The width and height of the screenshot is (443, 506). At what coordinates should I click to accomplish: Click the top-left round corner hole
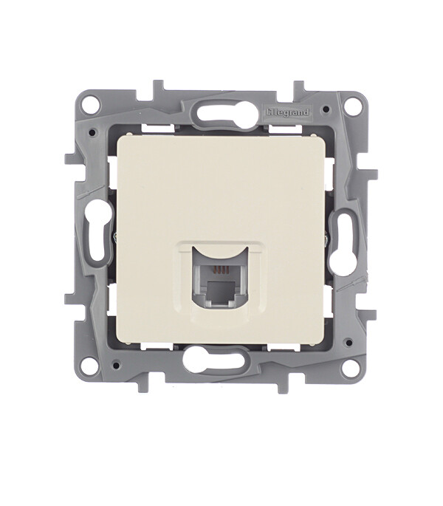coord(90,105)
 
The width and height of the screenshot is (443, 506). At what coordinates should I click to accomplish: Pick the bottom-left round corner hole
coord(89,363)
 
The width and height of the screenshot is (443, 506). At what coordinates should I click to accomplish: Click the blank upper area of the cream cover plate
coord(218,185)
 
